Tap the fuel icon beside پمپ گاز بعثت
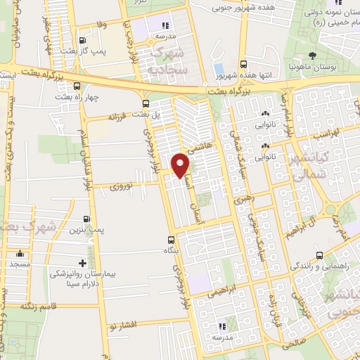tap(83, 40)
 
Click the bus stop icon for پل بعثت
tap(146, 103)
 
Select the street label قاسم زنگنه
tap(39, 306)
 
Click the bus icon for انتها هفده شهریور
tap(243, 63)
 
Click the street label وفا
tap(102, 24)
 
